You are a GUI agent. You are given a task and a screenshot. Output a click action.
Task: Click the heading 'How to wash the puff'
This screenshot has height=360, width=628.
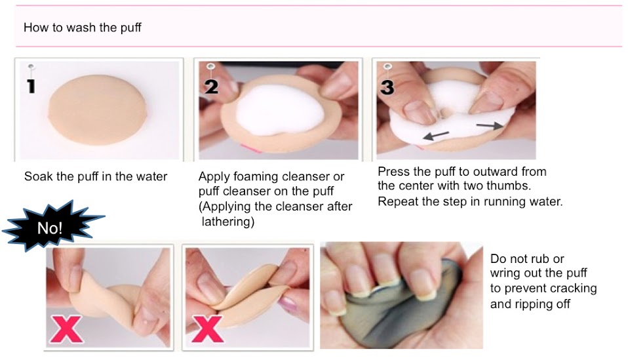[x=82, y=28]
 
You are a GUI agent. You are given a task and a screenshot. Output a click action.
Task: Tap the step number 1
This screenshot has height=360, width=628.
[x=31, y=86]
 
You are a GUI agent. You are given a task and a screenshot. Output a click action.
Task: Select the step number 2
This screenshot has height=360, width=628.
[x=212, y=87]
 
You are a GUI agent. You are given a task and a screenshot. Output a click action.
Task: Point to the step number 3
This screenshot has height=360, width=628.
[x=387, y=87]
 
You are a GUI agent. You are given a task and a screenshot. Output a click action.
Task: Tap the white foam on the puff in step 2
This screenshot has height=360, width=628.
[x=279, y=110]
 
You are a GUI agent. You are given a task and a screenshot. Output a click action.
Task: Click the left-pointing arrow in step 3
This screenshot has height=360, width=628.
[x=436, y=135]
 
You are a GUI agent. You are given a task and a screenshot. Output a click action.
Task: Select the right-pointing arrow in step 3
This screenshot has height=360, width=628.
[x=490, y=126]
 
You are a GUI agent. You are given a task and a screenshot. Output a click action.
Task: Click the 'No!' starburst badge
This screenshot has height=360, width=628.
[x=50, y=226]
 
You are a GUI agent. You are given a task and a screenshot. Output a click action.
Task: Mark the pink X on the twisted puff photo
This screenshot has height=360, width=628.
[x=66, y=330]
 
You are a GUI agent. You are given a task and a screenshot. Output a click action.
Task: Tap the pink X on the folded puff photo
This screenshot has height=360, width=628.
[x=207, y=329]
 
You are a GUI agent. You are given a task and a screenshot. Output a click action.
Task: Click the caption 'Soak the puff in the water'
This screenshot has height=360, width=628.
[x=96, y=176]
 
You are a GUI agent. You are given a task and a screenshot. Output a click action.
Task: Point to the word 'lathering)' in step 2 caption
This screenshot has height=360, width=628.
[x=228, y=222]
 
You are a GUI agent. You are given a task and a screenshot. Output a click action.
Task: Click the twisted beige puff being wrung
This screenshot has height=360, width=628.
[x=109, y=297]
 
